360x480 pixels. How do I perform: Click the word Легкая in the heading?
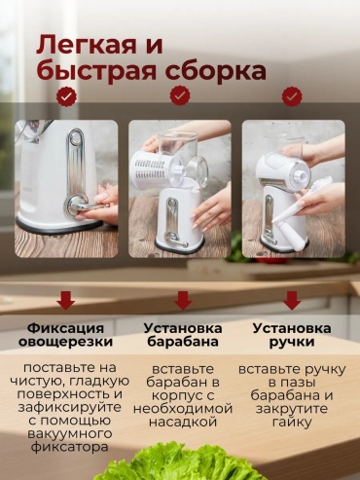coord(87,45)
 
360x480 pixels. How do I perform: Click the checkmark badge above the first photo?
coord(66,96)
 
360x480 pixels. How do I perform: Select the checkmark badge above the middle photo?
coord(181,95)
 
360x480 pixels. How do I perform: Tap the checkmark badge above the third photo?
coord(292,96)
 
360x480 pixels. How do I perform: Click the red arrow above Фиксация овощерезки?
coord(66,300)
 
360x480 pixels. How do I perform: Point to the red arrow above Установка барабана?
coord(183,300)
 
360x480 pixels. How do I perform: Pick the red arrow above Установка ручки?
coord(292,300)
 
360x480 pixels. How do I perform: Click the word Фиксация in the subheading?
coord(65,329)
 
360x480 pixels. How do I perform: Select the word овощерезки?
coord(65,342)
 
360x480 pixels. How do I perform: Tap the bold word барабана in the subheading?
coord(183,342)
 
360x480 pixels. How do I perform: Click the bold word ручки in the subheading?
coord(292,343)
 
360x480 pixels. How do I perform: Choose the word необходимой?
coord(183,409)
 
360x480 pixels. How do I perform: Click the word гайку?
coord(292,423)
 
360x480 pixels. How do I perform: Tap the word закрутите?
coord(292,409)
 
